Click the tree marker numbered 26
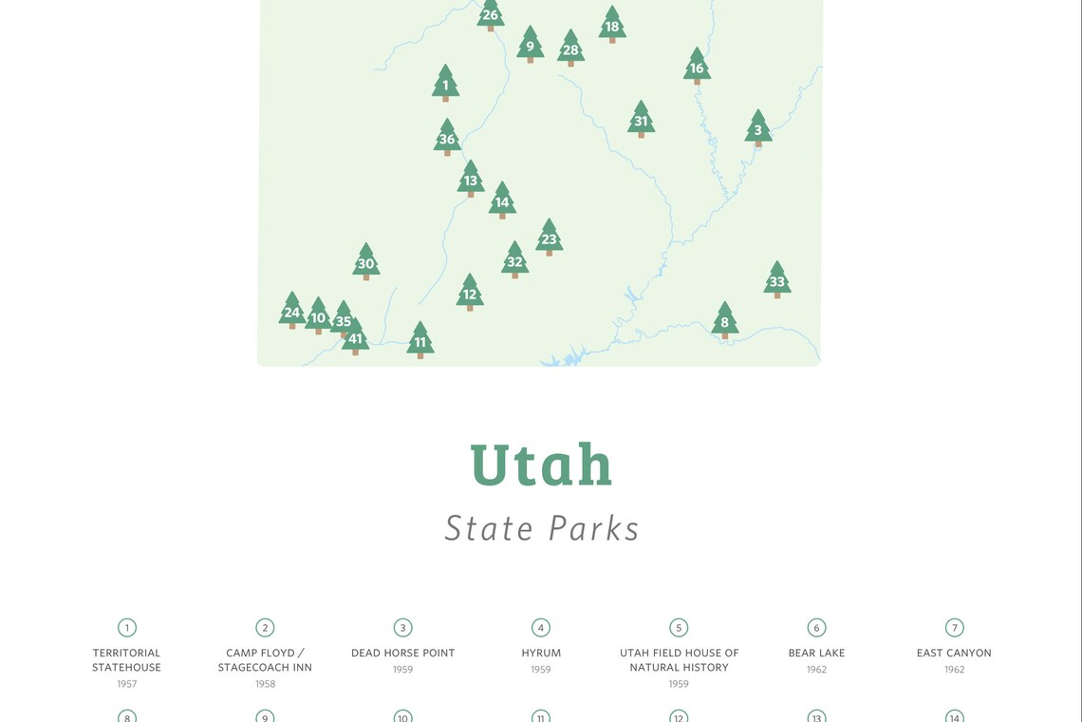pos(490,14)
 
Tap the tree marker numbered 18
pos(612,26)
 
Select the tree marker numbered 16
pos(697,66)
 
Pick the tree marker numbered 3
pos(757,129)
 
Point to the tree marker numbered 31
pos(641,120)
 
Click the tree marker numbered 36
pos(447,138)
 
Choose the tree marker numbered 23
pos(549,238)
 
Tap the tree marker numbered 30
pos(366,262)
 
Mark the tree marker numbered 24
pos(292,311)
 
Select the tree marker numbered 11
pos(420,341)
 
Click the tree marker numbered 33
pos(777,280)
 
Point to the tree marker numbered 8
pos(724,321)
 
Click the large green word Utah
pos(541,465)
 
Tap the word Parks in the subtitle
pos(596,528)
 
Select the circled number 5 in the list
pos(679,627)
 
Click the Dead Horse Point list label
pos(402,653)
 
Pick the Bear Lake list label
pos(816,653)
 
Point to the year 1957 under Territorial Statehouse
pos(127,684)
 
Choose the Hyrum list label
pos(541,653)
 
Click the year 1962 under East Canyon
pos(954,670)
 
